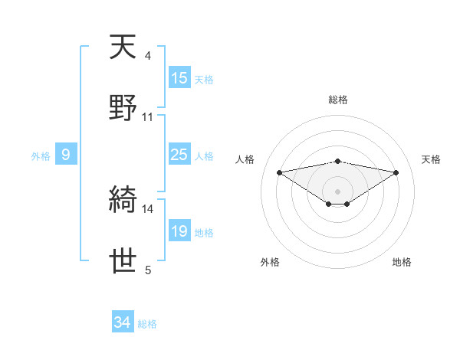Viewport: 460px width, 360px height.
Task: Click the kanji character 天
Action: pos(123,47)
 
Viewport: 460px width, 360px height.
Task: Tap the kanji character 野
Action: pos(123,108)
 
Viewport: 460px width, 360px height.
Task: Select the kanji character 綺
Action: pos(123,201)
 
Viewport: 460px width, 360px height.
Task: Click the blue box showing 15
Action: pos(179,78)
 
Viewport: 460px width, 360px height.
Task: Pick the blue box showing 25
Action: pos(179,155)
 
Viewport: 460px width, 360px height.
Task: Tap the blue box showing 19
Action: pos(179,231)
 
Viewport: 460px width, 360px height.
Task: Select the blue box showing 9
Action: pos(66,155)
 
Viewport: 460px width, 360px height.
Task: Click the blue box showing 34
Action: pos(123,323)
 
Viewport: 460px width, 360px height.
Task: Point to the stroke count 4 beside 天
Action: pos(147,55)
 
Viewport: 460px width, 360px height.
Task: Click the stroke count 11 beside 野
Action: pos(148,116)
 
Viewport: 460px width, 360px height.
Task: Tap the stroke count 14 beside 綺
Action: pos(148,208)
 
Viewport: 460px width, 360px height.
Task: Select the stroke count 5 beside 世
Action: pos(147,270)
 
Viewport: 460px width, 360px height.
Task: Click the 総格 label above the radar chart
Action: pos(337,100)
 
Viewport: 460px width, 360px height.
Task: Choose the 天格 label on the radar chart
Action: pos(431,159)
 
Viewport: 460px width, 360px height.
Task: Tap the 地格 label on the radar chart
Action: pos(402,262)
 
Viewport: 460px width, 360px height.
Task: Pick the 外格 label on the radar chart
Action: pos(270,262)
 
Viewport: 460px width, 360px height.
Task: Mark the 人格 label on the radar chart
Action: pos(245,159)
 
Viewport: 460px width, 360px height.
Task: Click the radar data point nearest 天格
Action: pos(396,172)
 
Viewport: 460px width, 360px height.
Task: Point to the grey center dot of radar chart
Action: pos(337,191)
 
